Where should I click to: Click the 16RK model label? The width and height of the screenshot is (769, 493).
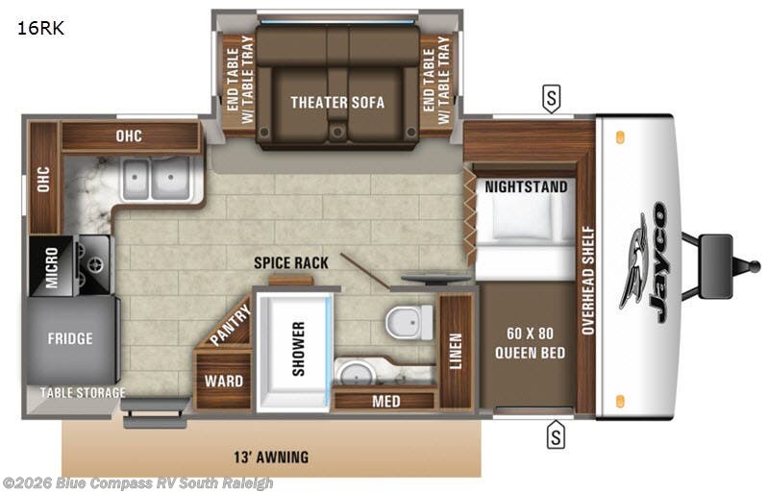40,29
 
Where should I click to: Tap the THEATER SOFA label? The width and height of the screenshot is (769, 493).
337,103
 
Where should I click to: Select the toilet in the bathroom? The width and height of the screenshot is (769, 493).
409,322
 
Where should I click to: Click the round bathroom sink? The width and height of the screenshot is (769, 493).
354,374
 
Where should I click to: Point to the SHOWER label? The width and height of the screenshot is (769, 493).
299,349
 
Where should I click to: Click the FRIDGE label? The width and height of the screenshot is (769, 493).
70,338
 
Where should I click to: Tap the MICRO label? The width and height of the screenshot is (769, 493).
52,267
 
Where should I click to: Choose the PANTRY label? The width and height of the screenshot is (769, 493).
231,324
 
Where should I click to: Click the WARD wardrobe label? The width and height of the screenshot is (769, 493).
224,382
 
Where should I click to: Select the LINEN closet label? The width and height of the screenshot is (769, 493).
456,351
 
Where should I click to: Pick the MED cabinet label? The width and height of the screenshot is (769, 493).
386,402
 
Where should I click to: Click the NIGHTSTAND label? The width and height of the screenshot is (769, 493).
526,186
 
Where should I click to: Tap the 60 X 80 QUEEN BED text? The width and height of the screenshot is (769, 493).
530,343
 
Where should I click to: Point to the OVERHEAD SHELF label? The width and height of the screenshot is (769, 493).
588,280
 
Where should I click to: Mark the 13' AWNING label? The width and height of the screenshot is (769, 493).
271,457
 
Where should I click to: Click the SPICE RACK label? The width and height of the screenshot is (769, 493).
291,263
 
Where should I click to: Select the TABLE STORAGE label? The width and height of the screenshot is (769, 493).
83,393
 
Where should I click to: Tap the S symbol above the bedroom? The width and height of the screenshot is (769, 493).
552,99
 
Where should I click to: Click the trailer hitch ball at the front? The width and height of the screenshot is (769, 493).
754,266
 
